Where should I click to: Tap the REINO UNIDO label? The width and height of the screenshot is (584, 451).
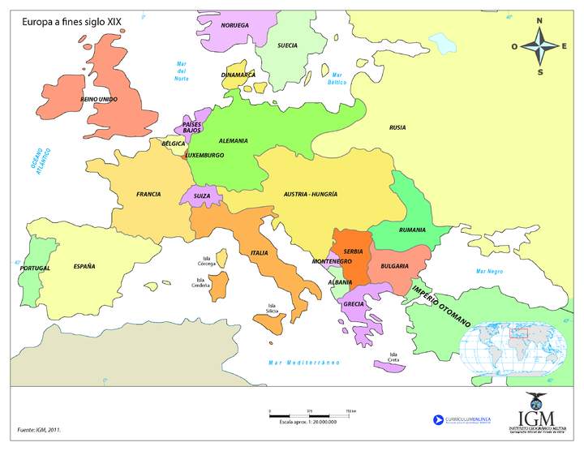click(x=99, y=98)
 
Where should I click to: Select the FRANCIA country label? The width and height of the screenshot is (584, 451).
click(x=148, y=194)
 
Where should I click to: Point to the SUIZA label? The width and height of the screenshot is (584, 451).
click(x=201, y=196)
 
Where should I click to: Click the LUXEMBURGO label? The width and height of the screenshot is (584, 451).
click(x=204, y=155)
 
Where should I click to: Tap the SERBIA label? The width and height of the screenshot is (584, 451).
click(x=353, y=251)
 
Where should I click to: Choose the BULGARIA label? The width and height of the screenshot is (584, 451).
click(x=393, y=266)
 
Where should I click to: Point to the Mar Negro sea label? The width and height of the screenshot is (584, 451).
click(x=490, y=271)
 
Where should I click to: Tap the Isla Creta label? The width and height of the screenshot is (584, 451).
click(x=393, y=357)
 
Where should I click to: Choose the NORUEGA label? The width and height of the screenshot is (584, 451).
click(x=234, y=25)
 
